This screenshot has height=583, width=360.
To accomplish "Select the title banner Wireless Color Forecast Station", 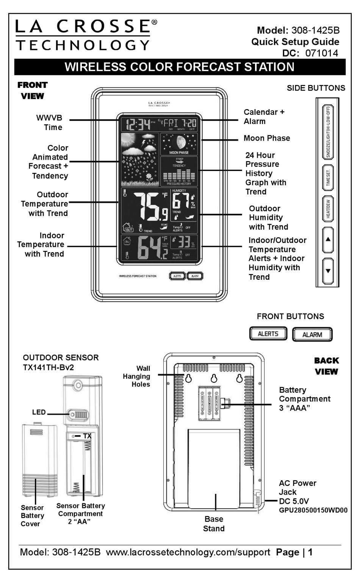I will click(x=180, y=67).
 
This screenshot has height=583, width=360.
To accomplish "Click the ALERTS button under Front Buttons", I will click(x=268, y=334).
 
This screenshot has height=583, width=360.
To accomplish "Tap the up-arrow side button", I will click(x=328, y=240).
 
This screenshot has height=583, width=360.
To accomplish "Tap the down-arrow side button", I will click(x=328, y=271).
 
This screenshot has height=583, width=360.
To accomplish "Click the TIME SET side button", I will click(x=328, y=178).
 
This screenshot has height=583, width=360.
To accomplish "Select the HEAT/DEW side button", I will click(x=328, y=208).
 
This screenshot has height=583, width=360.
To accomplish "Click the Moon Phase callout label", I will click(x=267, y=138).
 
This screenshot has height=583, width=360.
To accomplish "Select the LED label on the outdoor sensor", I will click(x=39, y=412).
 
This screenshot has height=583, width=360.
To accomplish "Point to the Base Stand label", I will click(x=214, y=524).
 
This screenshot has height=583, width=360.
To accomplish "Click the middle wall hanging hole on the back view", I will click(x=214, y=378).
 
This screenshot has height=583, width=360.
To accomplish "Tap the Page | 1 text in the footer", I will click(x=294, y=552).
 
